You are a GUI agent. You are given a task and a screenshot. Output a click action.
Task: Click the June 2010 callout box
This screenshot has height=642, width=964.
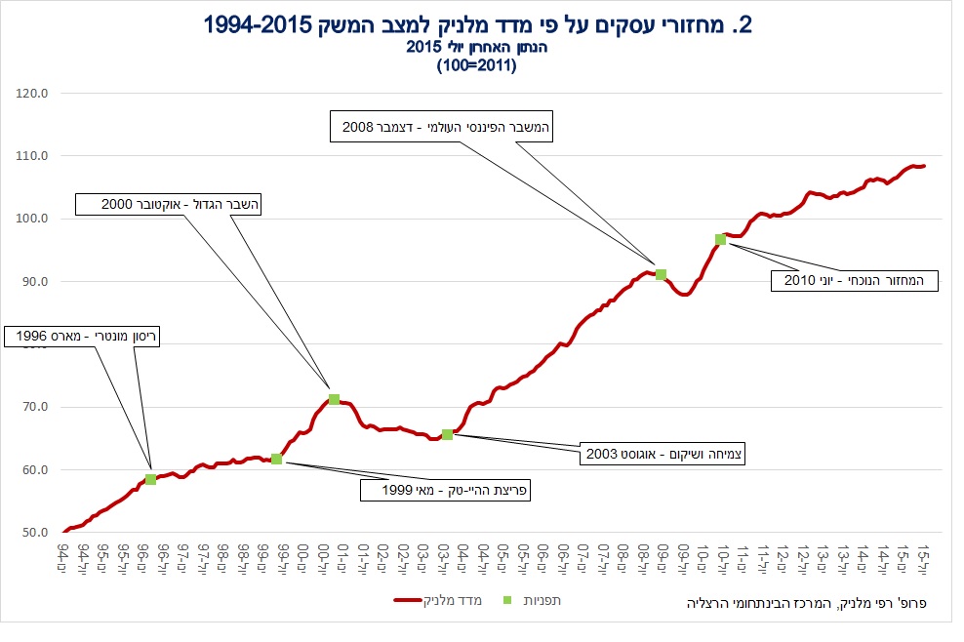click(853, 281)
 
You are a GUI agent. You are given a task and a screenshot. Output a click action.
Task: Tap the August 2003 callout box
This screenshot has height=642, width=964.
click(663, 454)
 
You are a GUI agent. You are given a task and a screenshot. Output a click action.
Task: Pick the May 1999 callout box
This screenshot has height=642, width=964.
click(445, 490)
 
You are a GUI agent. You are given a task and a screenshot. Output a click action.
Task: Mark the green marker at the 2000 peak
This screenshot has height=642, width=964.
click(334, 399)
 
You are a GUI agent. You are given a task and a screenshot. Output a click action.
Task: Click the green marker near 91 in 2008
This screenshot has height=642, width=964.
click(661, 275)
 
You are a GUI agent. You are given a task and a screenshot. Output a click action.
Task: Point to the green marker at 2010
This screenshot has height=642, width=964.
click(720, 239)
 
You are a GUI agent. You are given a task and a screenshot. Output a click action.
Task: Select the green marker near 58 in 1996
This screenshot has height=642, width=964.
click(150, 479)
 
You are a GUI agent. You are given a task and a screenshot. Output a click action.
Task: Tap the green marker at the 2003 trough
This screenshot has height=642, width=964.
click(447, 434)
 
